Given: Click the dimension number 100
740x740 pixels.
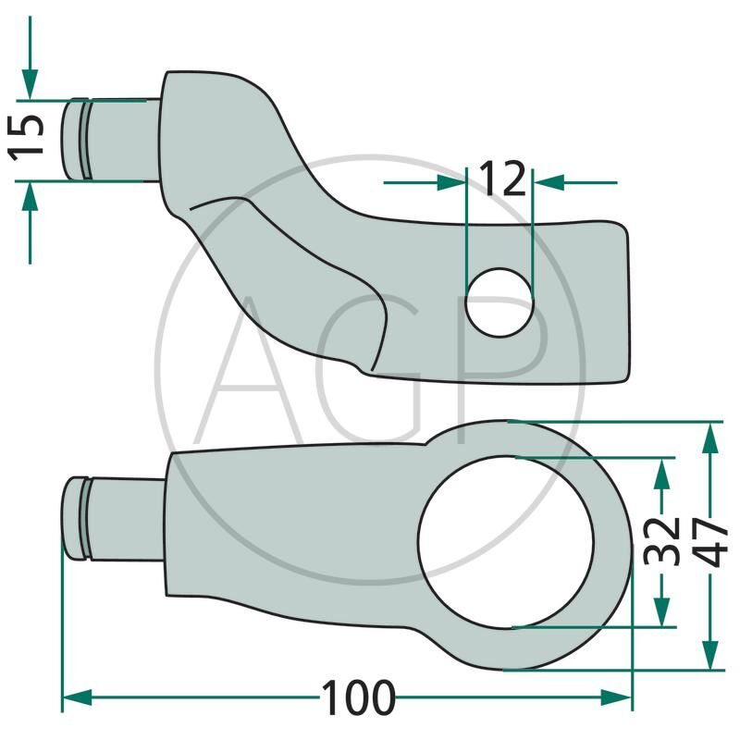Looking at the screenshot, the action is click(358, 697).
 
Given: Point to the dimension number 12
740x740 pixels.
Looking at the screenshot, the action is click(502, 179).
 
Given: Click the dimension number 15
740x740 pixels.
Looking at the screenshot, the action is click(27, 138).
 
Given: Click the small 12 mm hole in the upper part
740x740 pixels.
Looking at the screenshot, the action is click(499, 302).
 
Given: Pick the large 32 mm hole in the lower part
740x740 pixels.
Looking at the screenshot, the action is click(506, 543).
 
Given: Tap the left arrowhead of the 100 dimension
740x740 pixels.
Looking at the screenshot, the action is click(77, 697).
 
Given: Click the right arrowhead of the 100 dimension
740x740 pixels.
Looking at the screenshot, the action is click(616, 697).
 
